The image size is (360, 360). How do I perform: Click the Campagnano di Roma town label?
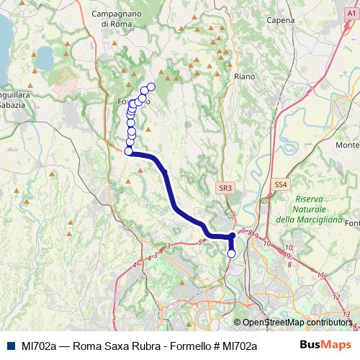tap(120, 19)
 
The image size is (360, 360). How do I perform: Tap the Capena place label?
tap(280, 20)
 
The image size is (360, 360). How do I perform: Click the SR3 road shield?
tap(225, 188)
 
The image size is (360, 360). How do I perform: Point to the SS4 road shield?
tap(281, 185)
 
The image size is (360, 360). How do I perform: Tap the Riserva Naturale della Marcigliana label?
tap(302, 209)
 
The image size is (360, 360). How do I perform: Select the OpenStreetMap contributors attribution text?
tap(297, 323)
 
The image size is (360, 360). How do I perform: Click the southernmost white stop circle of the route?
tap(232, 253)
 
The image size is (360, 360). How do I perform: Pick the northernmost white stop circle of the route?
tap(151, 86)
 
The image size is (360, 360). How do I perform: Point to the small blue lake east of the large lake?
tap(45, 55)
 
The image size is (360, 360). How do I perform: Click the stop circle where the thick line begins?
tap(129, 151)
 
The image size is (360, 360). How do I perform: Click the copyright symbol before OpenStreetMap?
tap(238, 323)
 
